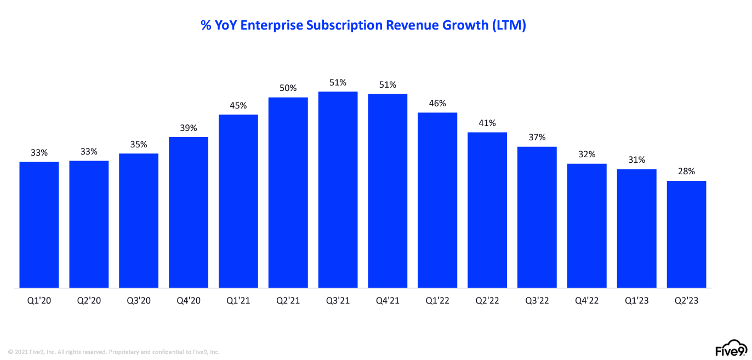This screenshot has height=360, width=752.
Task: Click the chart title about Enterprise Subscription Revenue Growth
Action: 363,25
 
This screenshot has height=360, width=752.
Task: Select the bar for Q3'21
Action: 338,189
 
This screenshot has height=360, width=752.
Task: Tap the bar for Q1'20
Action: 39,224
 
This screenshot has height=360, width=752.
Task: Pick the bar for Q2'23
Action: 686,234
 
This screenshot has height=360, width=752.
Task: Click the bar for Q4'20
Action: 189,212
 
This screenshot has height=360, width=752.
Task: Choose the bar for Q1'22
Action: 437,200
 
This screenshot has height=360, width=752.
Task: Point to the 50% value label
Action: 288,88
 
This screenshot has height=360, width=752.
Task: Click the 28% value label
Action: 686,172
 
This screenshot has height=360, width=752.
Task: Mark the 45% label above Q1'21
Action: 238,105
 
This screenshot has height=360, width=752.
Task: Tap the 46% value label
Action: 437,103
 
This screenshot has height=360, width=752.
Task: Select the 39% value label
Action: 189,128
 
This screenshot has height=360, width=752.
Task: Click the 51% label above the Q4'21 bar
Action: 388,85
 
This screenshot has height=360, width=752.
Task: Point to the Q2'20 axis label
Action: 89,301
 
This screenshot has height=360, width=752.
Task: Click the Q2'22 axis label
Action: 487,301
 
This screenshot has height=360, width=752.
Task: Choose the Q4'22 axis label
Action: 586,301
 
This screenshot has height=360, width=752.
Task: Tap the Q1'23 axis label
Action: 636,301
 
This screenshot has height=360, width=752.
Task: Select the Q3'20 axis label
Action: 139,301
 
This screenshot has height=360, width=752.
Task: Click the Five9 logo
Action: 731,349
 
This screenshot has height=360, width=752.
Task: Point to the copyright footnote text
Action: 113,352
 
